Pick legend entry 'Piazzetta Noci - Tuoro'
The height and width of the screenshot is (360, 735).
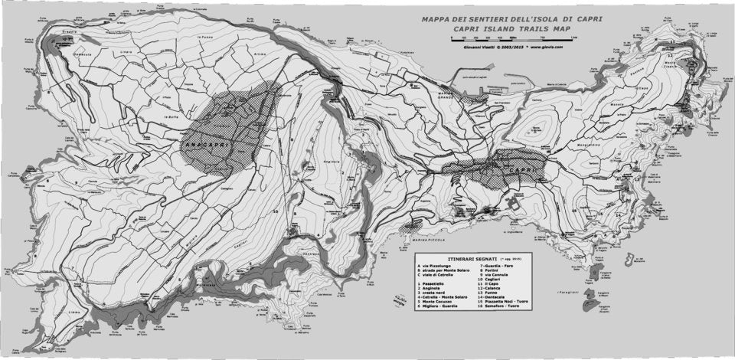511,301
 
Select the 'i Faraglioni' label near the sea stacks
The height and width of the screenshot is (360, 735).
568,293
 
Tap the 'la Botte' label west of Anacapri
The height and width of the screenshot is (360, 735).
171,116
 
